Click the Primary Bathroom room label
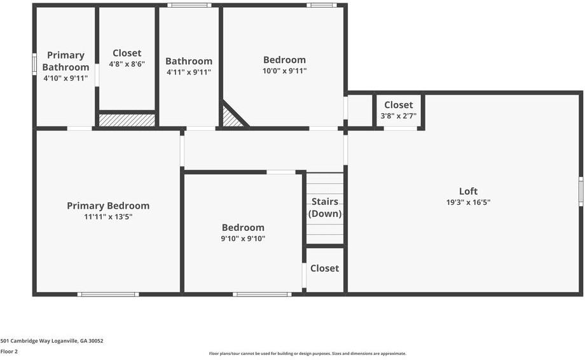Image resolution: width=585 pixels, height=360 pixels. point(65,61)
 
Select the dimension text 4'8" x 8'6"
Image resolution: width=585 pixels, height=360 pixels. point(127,64)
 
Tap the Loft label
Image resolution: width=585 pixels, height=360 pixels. point(468,191)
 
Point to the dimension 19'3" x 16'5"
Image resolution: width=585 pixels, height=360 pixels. point(468,202)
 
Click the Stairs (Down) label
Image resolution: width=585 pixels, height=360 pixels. point(325,207)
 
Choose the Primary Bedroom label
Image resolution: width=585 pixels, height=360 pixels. point(108,205)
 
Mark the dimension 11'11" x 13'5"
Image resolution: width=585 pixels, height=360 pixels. point(108,216)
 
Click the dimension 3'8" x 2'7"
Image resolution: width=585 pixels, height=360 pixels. point(399,116)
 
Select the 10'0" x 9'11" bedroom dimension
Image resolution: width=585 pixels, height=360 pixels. point(285,71)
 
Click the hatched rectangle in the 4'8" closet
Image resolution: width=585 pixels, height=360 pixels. point(127,120)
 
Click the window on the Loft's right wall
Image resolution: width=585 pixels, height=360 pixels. point(581,191)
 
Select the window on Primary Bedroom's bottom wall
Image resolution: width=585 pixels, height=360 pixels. point(108,294)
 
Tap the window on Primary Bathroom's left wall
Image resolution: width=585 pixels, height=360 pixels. point(34,64)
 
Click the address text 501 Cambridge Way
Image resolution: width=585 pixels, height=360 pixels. point(52,341)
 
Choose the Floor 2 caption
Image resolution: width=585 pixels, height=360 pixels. point(9,351)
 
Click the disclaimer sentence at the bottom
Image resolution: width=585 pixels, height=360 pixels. point(307,354)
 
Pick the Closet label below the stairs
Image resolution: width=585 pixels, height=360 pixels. point(324,268)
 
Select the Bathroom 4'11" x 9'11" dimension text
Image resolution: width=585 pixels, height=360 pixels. point(189,72)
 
